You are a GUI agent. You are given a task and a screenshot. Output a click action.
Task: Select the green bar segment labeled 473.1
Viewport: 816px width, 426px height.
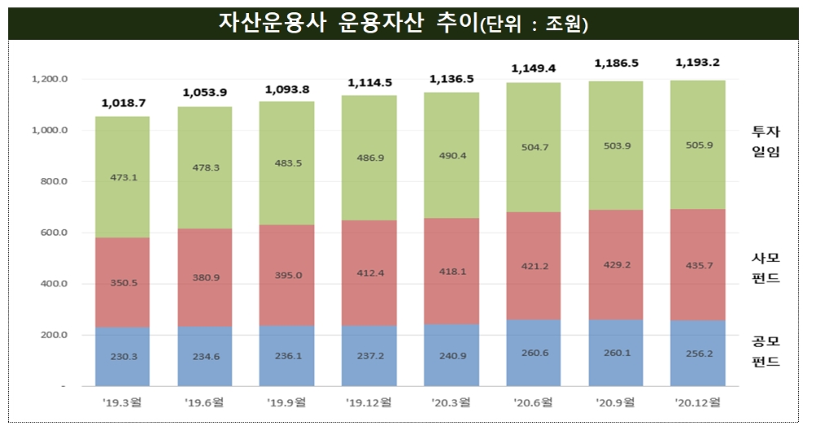122,176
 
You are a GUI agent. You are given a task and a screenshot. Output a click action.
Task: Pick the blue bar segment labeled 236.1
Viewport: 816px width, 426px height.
286,356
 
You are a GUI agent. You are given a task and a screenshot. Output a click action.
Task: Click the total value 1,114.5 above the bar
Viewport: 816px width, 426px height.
370,82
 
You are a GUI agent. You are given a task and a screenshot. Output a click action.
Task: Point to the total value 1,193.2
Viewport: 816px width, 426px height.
698,62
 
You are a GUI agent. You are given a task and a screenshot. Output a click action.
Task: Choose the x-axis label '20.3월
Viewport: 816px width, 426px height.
451,402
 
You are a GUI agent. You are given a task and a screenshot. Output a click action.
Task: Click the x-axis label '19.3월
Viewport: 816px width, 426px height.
122,402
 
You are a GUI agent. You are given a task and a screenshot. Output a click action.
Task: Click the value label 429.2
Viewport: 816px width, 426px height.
615,265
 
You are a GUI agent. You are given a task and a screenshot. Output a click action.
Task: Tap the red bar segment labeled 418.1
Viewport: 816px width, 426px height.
451,272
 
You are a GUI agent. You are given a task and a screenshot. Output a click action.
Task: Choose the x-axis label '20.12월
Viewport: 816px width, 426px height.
698,402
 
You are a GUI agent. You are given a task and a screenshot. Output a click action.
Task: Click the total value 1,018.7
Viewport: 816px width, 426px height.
123,104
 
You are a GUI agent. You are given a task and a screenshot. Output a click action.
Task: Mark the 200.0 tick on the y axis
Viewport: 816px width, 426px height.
52,335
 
